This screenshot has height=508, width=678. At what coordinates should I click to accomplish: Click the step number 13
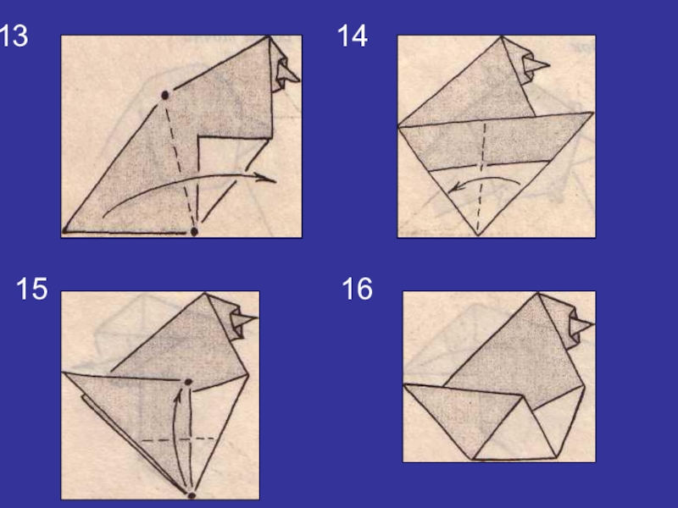(14, 36)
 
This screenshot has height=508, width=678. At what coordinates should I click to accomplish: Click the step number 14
(353, 36)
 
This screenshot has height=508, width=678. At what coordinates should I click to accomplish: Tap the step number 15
(32, 289)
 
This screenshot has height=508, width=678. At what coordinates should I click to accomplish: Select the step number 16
(357, 289)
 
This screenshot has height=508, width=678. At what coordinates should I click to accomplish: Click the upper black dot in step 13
(164, 95)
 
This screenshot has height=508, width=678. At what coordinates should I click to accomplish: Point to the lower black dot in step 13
(194, 232)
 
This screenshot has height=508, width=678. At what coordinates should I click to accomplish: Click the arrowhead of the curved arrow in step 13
(264, 178)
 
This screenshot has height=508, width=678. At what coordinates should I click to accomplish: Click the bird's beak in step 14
(537, 65)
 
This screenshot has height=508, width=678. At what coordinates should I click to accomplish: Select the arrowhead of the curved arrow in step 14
(454, 187)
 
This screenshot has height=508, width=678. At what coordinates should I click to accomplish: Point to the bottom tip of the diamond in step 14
(478, 235)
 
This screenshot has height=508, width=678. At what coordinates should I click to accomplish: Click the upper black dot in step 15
(188, 382)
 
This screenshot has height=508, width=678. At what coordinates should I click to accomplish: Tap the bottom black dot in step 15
(192, 495)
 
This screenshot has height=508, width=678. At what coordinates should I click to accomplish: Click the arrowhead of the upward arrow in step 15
(177, 397)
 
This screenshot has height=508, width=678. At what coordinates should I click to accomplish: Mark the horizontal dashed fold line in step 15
(179, 439)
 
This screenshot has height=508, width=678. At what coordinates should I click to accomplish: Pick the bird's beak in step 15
(245, 320)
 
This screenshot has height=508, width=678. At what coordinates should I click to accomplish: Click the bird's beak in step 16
(583, 325)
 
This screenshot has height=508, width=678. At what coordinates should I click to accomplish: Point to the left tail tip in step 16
(404, 385)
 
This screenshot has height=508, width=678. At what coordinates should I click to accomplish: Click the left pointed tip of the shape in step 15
(63, 373)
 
